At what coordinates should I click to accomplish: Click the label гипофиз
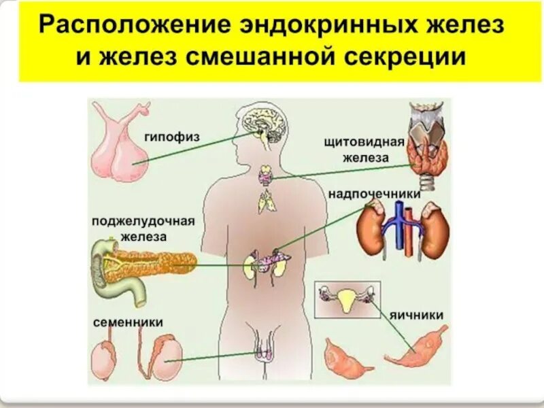(172, 137)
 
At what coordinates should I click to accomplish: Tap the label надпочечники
(374, 194)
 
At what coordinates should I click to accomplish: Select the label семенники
(128, 321)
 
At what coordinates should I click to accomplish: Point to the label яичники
(417, 315)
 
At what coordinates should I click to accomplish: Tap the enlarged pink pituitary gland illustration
(122, 146)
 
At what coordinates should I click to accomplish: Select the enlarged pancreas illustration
(146, 263)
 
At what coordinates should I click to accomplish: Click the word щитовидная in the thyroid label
(364, 142)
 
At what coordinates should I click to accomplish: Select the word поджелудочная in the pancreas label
(143, 222)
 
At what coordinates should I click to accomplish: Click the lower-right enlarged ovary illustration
(415, 347)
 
